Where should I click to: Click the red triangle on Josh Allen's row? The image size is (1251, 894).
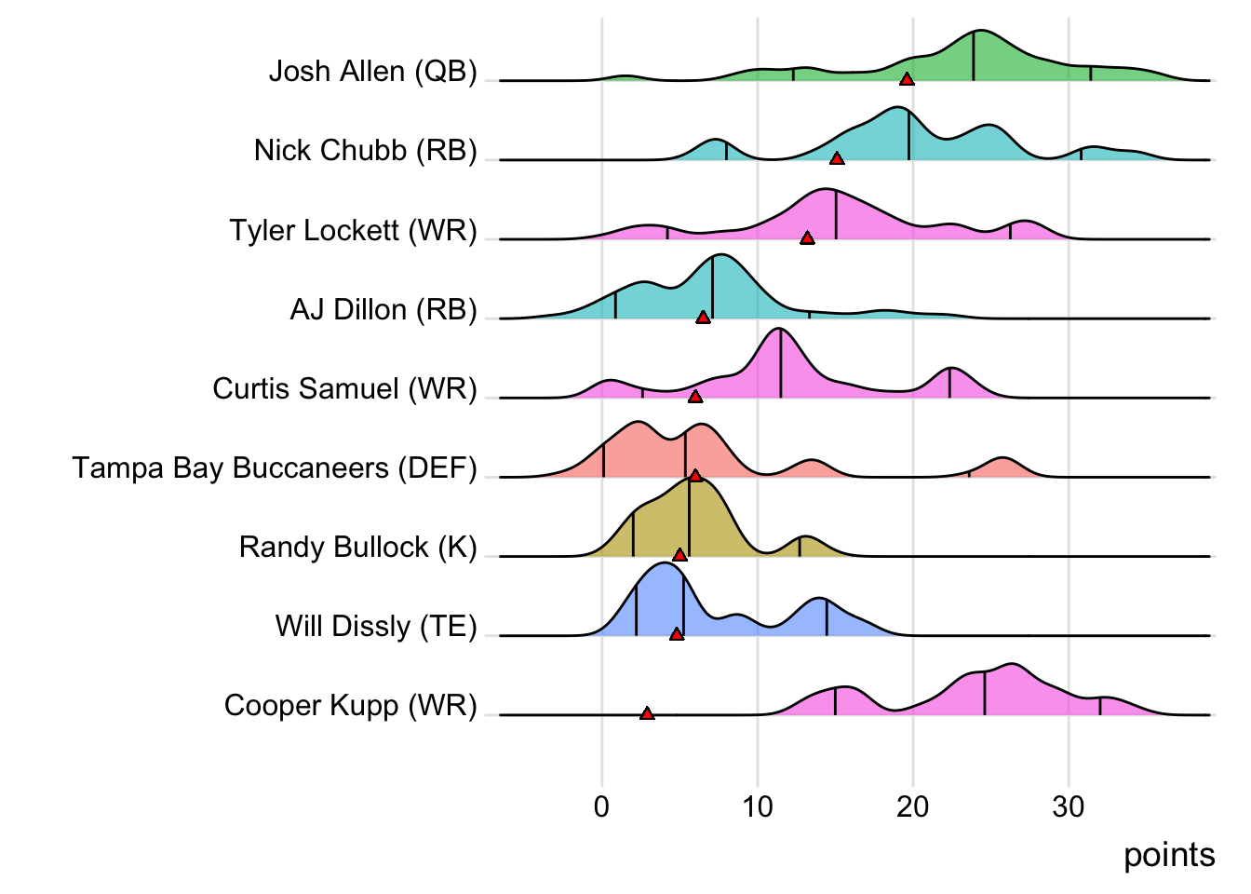[907, 79]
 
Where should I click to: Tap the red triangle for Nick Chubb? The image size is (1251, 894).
[837, 158]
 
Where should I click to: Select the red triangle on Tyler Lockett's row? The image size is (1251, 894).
[807, 238]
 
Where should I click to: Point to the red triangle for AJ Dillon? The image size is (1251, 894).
[703, 318]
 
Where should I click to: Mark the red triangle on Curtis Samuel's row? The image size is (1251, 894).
[694, 397]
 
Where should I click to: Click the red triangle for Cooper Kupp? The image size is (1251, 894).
[647, 714]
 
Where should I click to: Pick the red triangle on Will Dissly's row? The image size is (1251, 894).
[677, 634]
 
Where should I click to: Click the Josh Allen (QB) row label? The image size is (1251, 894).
[372, 72]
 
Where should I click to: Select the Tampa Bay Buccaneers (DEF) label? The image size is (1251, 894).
[275, 467]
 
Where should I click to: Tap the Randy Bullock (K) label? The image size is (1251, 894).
[357, 547]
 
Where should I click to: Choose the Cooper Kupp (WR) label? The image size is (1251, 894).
[350, 706]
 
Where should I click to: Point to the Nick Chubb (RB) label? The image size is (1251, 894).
[365, 151]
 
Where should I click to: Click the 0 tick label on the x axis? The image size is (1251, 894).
[601, 806]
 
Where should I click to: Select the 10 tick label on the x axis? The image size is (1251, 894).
[757, 806]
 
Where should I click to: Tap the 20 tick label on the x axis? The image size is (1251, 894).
[912, 806]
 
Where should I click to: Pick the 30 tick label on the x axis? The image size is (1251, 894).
[1068, 806]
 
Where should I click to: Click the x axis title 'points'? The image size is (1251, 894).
[1168, 855]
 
